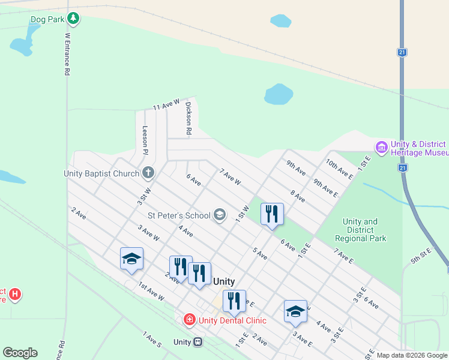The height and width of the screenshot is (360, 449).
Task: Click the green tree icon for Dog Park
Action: point(73,19)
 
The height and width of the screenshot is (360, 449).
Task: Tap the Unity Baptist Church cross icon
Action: point(149,173)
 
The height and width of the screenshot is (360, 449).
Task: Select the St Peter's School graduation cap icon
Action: point(220,215)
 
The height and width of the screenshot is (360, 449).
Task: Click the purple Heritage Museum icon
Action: point(381,147)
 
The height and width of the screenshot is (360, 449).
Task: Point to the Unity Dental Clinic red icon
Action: point(190,320)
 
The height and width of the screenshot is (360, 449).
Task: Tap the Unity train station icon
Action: point(197,342)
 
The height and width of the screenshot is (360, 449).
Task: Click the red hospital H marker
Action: point(16,295)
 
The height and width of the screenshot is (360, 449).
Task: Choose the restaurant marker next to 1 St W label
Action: point(272,214)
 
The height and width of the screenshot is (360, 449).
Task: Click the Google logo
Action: point(20,353)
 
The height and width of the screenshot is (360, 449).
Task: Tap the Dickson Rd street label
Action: point(188,118)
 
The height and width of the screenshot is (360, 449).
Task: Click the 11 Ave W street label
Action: point(166,104)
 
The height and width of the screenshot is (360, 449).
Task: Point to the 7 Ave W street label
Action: point(230,177)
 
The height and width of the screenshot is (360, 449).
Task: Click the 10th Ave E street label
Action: point(340,170)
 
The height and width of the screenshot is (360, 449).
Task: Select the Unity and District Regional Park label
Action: point(360,230)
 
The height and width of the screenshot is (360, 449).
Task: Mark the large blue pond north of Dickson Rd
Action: point(279,94)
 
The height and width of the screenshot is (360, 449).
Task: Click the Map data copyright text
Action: point(412,355)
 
